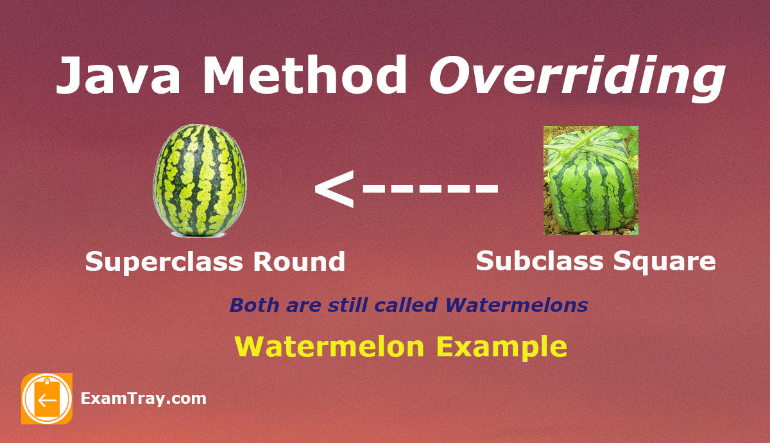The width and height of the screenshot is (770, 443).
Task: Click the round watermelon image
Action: click(x=200, y=180)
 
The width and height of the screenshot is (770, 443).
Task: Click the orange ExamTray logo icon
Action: click(x=47, y=399)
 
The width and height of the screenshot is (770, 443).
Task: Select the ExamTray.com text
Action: click(x=143, y=399)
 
